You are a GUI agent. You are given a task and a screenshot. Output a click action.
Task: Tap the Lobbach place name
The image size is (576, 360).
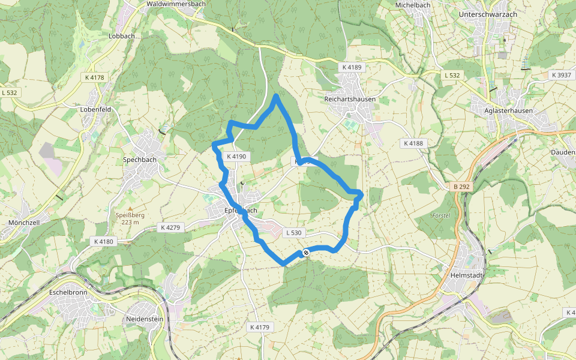point(122,36)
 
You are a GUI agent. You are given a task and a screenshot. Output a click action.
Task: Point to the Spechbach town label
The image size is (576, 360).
point(139,160)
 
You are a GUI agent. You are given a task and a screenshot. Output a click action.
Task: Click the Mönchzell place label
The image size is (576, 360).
point(25,223)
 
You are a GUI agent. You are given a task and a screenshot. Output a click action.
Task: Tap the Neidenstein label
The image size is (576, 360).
point(145,319)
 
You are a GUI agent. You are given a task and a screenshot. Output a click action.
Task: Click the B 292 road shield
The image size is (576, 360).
point(462,187)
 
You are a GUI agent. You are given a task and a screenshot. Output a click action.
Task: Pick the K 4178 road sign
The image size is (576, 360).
point(94,77)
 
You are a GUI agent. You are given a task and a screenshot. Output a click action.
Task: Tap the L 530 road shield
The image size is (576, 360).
point(293,232)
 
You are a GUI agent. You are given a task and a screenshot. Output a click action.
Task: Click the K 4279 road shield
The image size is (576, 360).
point(170,227)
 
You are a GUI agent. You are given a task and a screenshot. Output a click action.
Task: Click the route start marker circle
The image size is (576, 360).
point(306,253)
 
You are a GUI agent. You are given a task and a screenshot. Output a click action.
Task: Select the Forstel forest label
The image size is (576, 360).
point(440,215)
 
